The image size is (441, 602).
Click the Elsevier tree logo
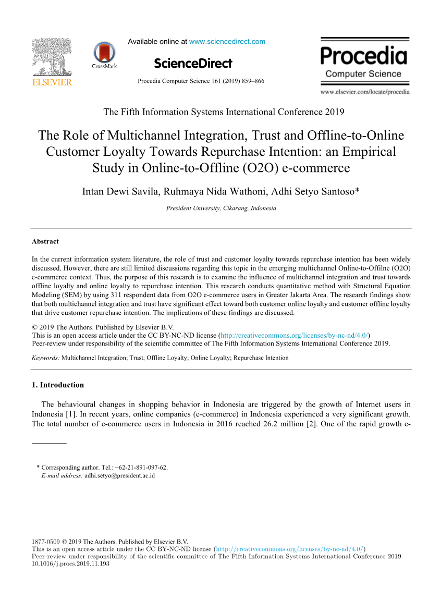click(x=52, y=57)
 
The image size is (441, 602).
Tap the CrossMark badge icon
click(x=104, y=54)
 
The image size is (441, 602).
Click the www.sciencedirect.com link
click(x=227, y=42)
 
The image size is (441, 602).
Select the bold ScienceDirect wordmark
click(x=193, y=64)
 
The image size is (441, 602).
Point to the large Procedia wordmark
click(x=364, y=56)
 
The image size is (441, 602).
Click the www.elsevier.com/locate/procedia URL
click(x=365, y=92)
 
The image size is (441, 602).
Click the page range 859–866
click(x=252, y=81)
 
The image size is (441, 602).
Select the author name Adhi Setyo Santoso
click(x=313, y=191)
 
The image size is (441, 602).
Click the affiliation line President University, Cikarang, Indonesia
click(x=221, y=208)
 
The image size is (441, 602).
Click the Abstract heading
click(x=45, y=242)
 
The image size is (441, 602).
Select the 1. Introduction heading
click(x=58, y=385)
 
